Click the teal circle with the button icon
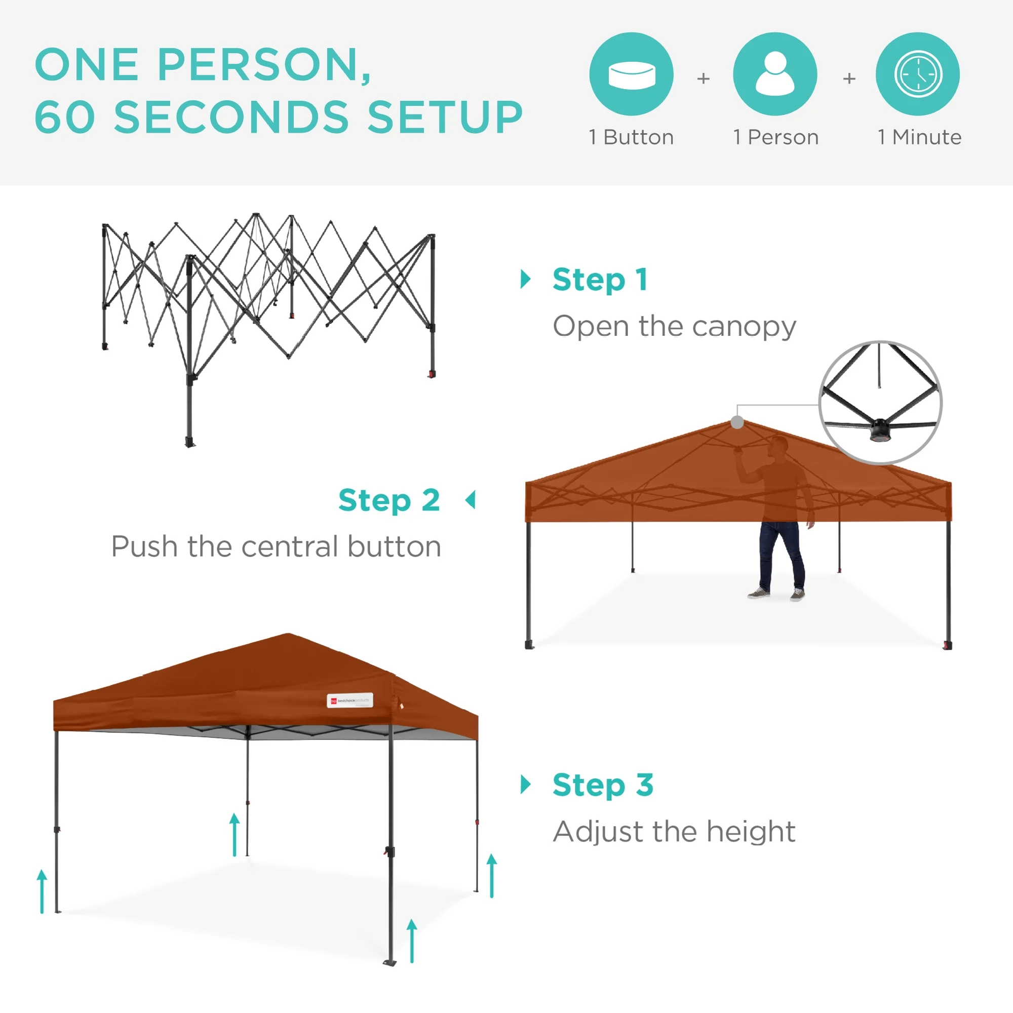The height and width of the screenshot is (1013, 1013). [631, 74]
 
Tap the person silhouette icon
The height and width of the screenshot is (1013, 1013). [774, 74]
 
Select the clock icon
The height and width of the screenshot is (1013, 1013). [918, 74]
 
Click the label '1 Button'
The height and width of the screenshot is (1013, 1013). [631, 137]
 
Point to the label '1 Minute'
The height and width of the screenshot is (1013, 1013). [919, 137]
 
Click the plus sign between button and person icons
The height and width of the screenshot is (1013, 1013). [703, 79]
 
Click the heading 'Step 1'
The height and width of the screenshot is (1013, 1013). [600, 280]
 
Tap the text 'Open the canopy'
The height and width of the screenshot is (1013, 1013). [674, 327]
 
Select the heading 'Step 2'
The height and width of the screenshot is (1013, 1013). [388, 500]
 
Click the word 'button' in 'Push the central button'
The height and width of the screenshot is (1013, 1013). [394, 547]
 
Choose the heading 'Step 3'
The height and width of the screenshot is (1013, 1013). [603, 785]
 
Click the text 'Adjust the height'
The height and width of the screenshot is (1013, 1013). [674, 832]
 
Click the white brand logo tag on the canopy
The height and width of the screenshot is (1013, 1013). [349, 700]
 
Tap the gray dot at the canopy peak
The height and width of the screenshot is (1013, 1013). [736, 422]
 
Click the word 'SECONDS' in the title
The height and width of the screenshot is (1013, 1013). [231, 116]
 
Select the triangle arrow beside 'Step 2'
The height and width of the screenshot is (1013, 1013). [471, 500]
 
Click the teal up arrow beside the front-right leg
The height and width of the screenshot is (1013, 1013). [412, 941]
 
